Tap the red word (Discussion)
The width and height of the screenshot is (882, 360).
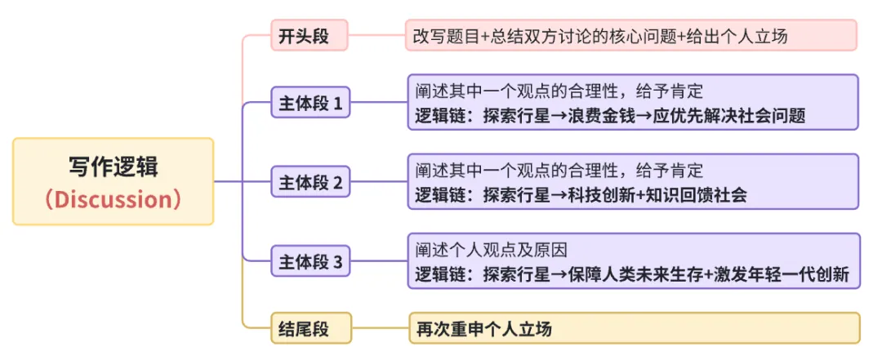[x=113, y=199]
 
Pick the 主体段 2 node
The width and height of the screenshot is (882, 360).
[x=310, y=182]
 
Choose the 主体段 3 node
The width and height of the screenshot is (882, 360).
[x=310, y=262]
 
